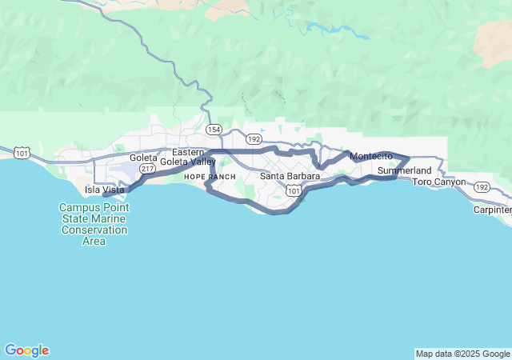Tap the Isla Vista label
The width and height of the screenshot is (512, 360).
point(105,190)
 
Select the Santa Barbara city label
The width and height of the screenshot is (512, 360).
point(290,176)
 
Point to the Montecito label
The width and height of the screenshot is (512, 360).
point(371,155)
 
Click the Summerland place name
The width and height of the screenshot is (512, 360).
point(404,171)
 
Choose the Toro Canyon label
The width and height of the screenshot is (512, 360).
point(438,182)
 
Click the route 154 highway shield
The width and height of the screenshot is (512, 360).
point(214,129)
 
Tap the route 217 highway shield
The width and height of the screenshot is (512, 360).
point(146,169)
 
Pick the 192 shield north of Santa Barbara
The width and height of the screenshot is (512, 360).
point(254,138)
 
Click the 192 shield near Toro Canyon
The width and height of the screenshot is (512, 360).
point(481,186)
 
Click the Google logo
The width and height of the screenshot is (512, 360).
point(26,350)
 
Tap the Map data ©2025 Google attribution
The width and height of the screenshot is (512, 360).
point(462,354)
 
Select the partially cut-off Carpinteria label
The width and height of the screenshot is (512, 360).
point(492,210)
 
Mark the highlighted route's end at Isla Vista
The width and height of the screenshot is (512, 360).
point(105,194)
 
